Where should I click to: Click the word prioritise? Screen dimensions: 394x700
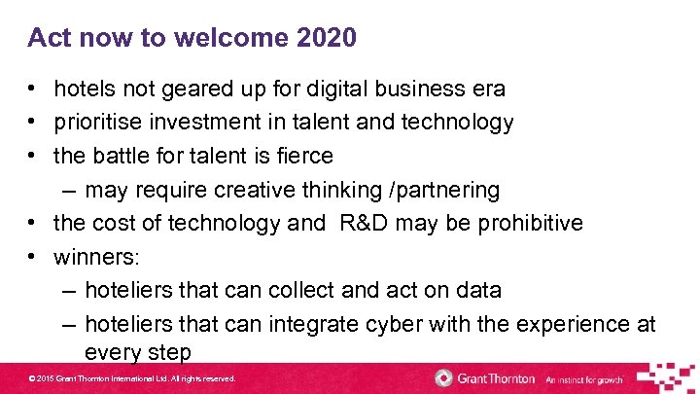pos(102,123)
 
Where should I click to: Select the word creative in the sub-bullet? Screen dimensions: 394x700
pos(253,190)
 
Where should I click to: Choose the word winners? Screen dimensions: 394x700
pos(96,257)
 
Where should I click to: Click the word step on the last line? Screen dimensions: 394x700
pos(166,351)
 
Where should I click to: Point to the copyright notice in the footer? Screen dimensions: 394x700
pos(131,378)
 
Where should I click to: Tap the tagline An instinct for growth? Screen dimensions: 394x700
pos(583,379)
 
